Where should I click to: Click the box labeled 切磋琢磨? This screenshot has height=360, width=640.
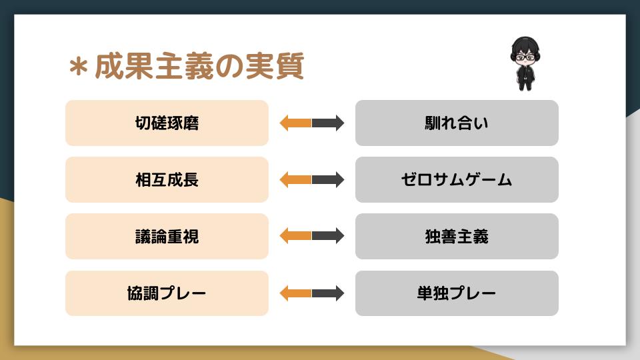(167, 123)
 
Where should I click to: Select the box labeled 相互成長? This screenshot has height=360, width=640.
(167, 179)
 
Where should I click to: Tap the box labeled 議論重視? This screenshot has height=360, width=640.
(167, 236)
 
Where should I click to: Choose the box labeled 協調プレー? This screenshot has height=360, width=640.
(167, 293)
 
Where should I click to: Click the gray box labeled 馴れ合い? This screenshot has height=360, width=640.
(457, 123)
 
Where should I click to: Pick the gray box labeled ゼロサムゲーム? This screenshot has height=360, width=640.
(457, 179)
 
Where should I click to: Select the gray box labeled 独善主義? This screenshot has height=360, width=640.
(457, 236)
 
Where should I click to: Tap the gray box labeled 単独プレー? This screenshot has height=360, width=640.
(457, 293)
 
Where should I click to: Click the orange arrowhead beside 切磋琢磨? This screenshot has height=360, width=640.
(285, 123)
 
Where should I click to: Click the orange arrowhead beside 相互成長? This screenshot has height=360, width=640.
(285, 179)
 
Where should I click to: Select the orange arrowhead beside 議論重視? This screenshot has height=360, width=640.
(285, 236)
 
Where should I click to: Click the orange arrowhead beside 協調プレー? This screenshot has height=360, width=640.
(285, 293)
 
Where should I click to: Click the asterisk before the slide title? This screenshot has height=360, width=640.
(79, 67)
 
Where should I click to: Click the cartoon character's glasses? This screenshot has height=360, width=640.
(525, 57)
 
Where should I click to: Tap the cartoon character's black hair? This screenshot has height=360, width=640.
(525, 45)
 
